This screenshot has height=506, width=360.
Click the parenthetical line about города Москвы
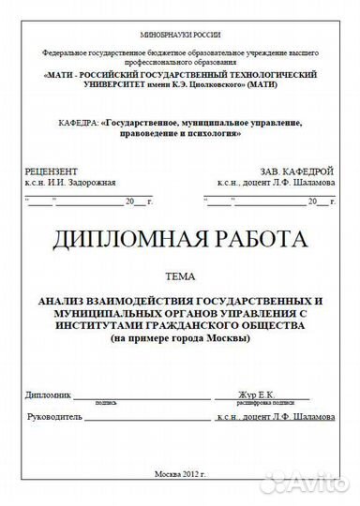pos(180,338)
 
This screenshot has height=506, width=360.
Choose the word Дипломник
pos(49,394)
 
